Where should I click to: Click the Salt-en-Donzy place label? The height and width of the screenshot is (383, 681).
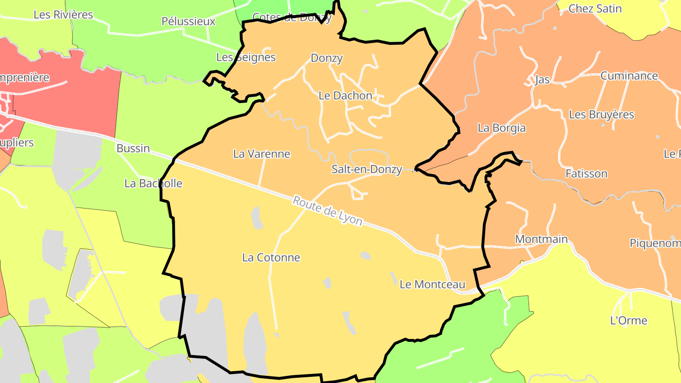(x=367, y=169)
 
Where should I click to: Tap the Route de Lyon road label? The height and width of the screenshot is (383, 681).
(x=327, y=211)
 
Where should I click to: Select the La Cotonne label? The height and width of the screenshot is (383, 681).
(x=271, y=258)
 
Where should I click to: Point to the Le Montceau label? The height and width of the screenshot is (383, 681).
(x=432, y=285)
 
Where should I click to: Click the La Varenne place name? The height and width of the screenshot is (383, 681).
(x=262, y=154)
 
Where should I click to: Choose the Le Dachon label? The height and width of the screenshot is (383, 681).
(x=345, y=96)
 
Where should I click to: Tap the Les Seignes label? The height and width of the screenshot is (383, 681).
(x=245, y=58)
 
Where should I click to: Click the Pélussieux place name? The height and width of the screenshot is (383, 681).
(x=188, y=21)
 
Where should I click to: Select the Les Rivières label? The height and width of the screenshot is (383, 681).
(x=63, y=15)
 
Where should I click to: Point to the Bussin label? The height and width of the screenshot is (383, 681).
(x=133, y=148)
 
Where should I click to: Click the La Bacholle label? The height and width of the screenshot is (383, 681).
(x=153, y=183)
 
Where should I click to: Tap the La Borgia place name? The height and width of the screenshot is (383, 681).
(x=501, y=128)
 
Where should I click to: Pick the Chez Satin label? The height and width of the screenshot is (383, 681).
(x=595, y=9)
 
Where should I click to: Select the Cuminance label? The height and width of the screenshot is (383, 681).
(x=629, y=76)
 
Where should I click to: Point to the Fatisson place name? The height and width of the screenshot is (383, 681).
(x=586, y=174)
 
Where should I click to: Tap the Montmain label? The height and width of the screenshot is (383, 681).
(x=541, y=239)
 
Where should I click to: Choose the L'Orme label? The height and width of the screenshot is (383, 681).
(x=629, y=321)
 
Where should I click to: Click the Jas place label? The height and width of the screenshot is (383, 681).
(x=542, y=79)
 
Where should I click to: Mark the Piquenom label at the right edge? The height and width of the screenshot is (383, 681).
(x=655, y=243)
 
